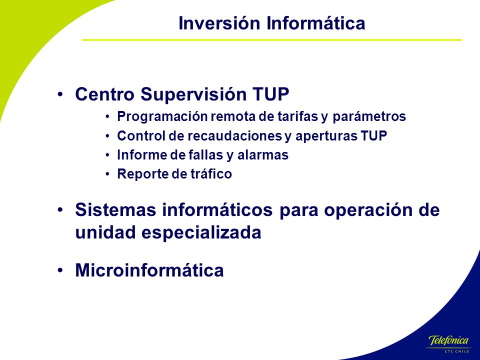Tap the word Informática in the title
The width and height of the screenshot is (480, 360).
(315, 23)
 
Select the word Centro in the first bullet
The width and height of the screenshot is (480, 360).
(104, 94)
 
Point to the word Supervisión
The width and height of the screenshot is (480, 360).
(193, 94)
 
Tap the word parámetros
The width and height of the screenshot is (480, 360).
(369, 116)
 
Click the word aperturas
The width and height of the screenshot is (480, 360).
(326, 136)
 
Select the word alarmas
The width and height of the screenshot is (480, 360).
(263, 155)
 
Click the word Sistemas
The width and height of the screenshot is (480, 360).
(115, 210)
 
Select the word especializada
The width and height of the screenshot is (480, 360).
(201, 232)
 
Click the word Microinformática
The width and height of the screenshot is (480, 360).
(149, 270)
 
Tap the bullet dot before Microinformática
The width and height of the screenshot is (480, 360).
(60, 270)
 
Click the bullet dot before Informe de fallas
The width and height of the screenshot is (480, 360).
(107, 155)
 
